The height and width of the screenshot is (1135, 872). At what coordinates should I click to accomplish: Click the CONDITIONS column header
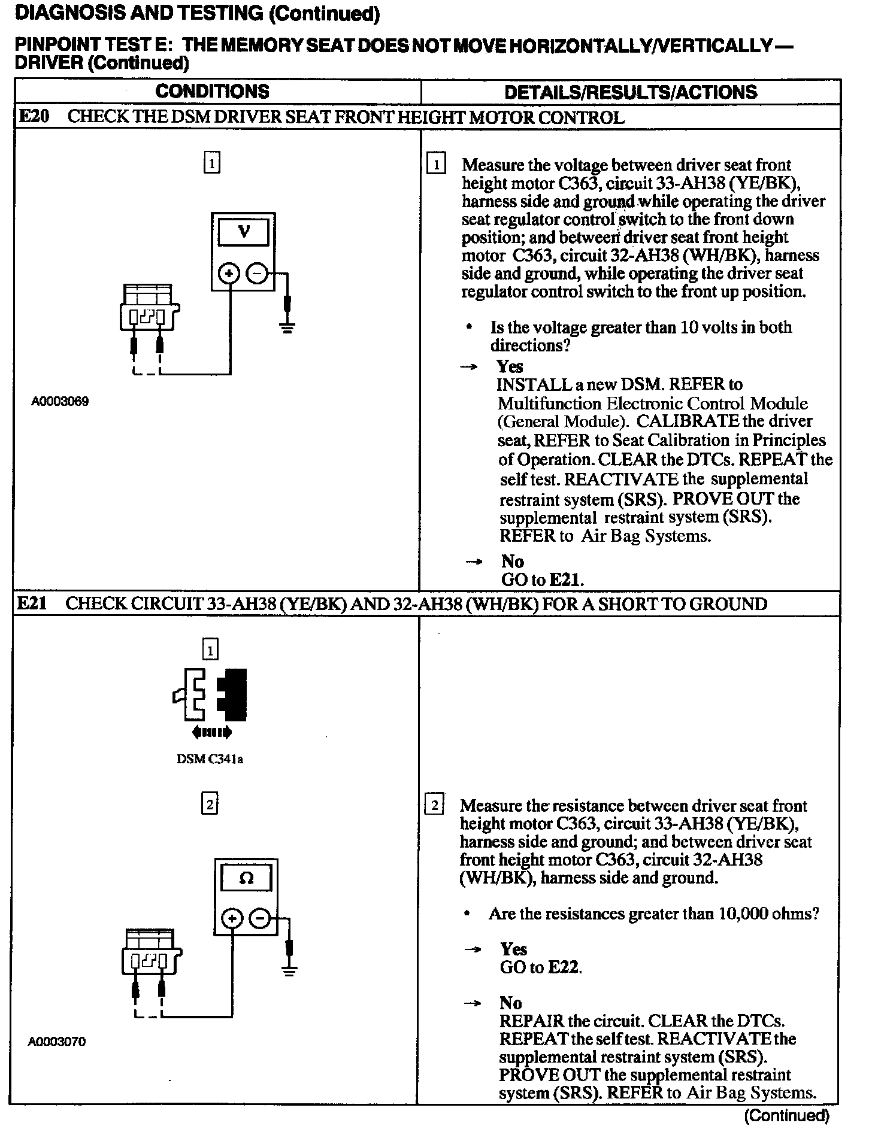coord(212,92)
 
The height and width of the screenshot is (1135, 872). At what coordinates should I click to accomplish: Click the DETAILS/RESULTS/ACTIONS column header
coord(630,92)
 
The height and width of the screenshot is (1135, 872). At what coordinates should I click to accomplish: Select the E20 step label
coord(34,117)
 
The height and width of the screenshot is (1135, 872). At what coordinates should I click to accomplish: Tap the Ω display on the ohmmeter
coord(246,878)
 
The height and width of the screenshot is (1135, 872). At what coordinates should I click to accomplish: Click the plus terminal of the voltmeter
coord(229,274)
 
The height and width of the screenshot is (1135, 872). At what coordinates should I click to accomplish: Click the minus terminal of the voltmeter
coord(258,274)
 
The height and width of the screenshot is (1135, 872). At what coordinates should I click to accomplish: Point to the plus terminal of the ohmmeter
coord(232,918)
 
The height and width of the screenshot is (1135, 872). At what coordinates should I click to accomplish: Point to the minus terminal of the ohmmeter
coord(260,918)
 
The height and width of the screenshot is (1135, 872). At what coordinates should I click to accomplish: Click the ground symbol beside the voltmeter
coord(287,327)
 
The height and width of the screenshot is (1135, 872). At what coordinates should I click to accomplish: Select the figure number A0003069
coord(60,402)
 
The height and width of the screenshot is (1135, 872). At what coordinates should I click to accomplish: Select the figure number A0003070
coord(57,1042)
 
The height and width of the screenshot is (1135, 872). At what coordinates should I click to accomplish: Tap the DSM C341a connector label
coord(210,760)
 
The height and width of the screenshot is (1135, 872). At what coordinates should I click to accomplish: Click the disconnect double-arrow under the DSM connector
coord(211,732)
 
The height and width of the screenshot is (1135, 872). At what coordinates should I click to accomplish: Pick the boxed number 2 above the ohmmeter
coord(209,805)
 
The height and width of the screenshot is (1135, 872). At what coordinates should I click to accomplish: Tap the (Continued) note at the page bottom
coord(786,1116)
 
